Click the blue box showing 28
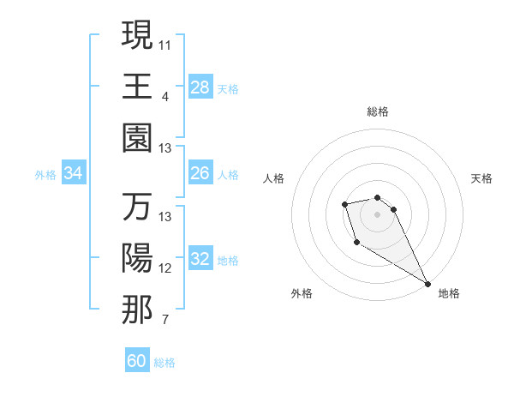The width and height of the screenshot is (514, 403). (200, 87)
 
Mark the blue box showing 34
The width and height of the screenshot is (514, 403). (74, 174)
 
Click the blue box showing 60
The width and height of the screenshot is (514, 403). (137, 361)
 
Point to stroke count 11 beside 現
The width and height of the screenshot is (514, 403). (165, 43)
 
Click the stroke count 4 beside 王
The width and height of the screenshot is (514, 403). (165, 96)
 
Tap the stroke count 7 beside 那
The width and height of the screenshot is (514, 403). (165, 321)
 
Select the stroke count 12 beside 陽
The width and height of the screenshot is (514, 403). (165, 268)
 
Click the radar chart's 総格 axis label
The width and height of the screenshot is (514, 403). (378, 111)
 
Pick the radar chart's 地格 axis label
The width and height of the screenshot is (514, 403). (449, 293)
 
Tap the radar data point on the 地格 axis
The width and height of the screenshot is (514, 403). (427, 283)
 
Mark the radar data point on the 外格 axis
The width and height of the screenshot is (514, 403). (356, 244)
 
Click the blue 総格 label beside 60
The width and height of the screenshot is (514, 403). (164, 363)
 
